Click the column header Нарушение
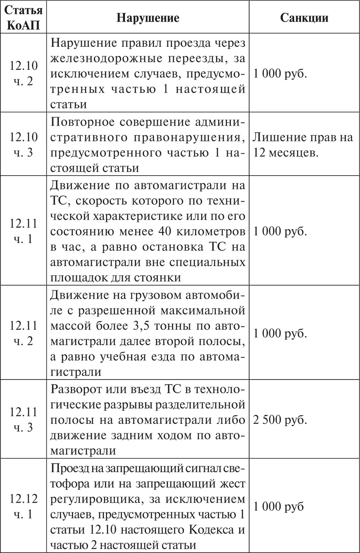tap(148, 18)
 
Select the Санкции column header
tap(304, 18)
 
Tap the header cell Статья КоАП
tap(23, 18)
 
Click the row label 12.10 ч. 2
tap(23, 73)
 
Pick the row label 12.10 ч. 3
tap(23, 145)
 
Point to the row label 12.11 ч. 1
tap(23, 231)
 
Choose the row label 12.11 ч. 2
tap(23, 333)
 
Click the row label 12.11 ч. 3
tap(23, 420)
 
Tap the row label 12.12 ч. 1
tap(23, 506)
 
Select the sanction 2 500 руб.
tap(280, 420)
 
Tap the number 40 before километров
tap(165, 231)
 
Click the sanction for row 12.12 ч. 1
tap(278, 507)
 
